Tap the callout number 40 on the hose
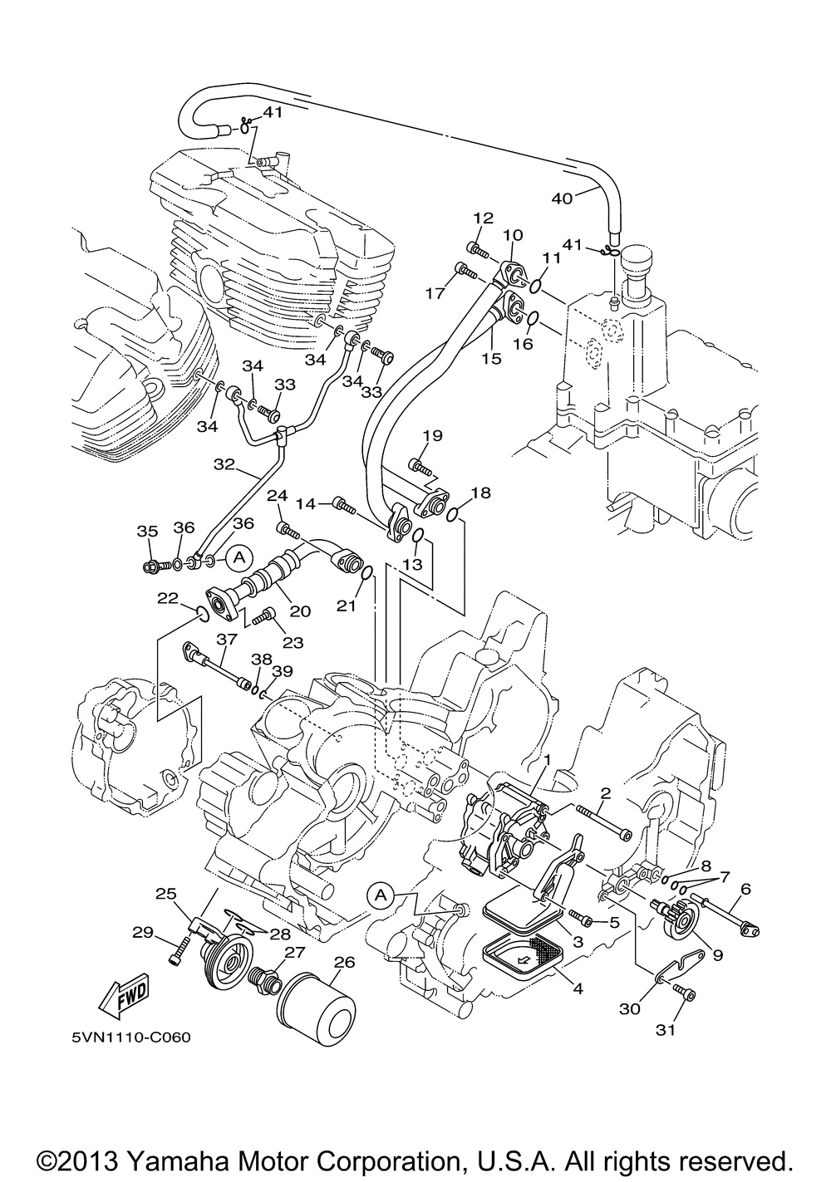coord(562,199)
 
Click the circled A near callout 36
coord(239,557)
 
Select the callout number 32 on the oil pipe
coord(224,464)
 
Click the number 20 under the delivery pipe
coord(300,611)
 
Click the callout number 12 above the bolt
coord(483,218)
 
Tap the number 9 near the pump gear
coord(717,954)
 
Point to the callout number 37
coord(227,639)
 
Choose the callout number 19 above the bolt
coord(432,436)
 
